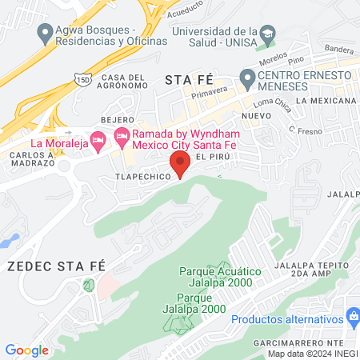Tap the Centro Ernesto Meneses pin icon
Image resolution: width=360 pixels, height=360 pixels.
click(x=247, y=78)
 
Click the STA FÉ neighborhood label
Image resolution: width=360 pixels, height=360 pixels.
click(x=190, y=79)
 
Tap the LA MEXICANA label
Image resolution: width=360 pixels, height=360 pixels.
click(x=325, y=101)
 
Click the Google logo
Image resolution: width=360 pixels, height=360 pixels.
click(x=26, y=350)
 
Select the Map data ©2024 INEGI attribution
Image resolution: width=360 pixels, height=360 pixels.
click(x=311, y=354)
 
